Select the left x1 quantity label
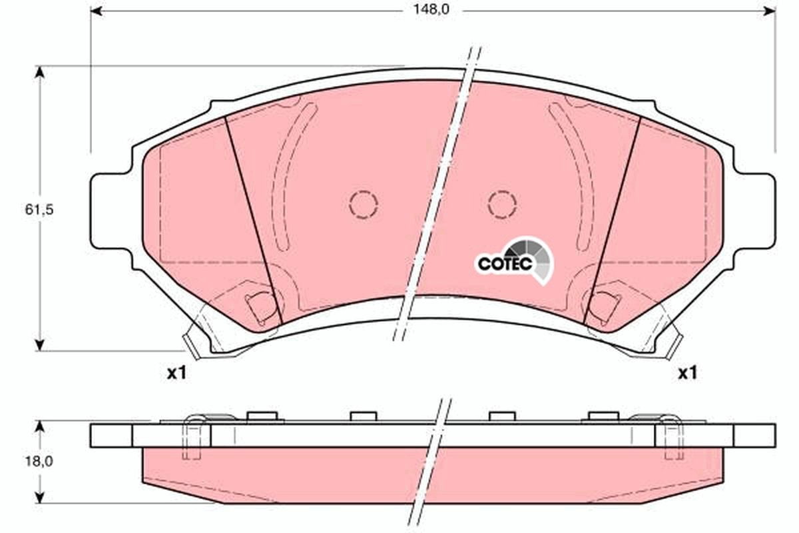pos(175,373)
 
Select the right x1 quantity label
pos(687,373)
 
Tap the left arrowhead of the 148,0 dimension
pos(96,11)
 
